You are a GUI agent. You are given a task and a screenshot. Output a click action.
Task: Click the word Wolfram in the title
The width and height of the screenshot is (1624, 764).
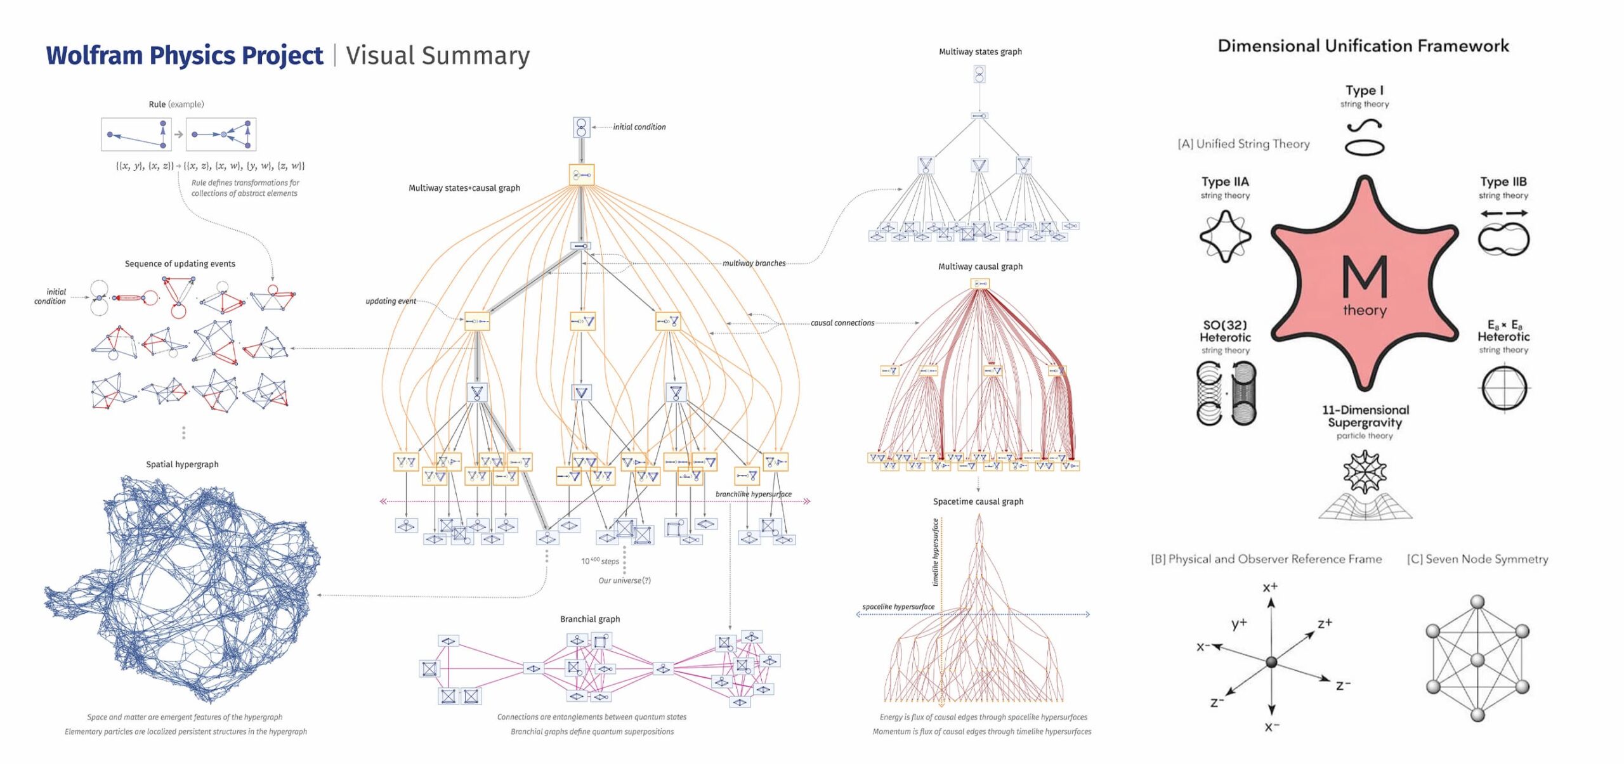click(94, 56)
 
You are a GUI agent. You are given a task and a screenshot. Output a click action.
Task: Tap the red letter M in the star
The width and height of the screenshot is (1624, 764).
click(1364, 276)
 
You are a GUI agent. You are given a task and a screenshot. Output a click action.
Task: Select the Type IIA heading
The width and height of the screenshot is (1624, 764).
click(1224, 182)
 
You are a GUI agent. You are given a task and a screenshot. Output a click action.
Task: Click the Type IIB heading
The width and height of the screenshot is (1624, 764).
click(1503, 182)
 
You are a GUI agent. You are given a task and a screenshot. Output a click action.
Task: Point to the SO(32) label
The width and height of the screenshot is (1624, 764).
click(1224, 325)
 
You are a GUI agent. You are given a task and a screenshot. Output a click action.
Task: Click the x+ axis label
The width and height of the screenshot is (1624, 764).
click(1270, 587)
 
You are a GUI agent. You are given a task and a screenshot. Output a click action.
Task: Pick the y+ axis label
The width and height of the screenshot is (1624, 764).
click(1239, 624)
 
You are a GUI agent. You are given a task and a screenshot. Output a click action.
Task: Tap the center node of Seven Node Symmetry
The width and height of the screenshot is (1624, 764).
click(1477, 661)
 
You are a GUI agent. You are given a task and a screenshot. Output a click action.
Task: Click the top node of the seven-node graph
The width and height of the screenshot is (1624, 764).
click(1477, 602)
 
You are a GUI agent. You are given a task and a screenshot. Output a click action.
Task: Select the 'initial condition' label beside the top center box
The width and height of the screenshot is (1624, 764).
click(639, 127)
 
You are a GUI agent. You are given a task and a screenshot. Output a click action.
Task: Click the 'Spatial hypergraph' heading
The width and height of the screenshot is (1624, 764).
click(182, 464)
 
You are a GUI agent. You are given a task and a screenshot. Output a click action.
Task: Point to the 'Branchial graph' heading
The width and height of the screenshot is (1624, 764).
click(590, 619)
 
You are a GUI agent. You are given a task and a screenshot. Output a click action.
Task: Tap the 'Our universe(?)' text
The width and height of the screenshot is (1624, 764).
click(624, 580)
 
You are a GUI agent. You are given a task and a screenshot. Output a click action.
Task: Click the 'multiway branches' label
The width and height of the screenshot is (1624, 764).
click(754, 263)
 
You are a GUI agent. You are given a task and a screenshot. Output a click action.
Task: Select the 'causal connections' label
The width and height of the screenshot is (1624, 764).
click(842, 323)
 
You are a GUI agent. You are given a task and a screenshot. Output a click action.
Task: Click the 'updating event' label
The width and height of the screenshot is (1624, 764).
click(390, 301)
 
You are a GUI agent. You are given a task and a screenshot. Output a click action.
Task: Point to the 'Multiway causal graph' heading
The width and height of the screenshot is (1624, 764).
click(980, 266)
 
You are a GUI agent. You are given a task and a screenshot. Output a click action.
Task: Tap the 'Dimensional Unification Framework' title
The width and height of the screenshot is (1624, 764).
click(1363, 46)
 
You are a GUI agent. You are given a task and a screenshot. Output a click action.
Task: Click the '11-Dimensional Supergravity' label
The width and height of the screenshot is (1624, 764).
click(1365, 416)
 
